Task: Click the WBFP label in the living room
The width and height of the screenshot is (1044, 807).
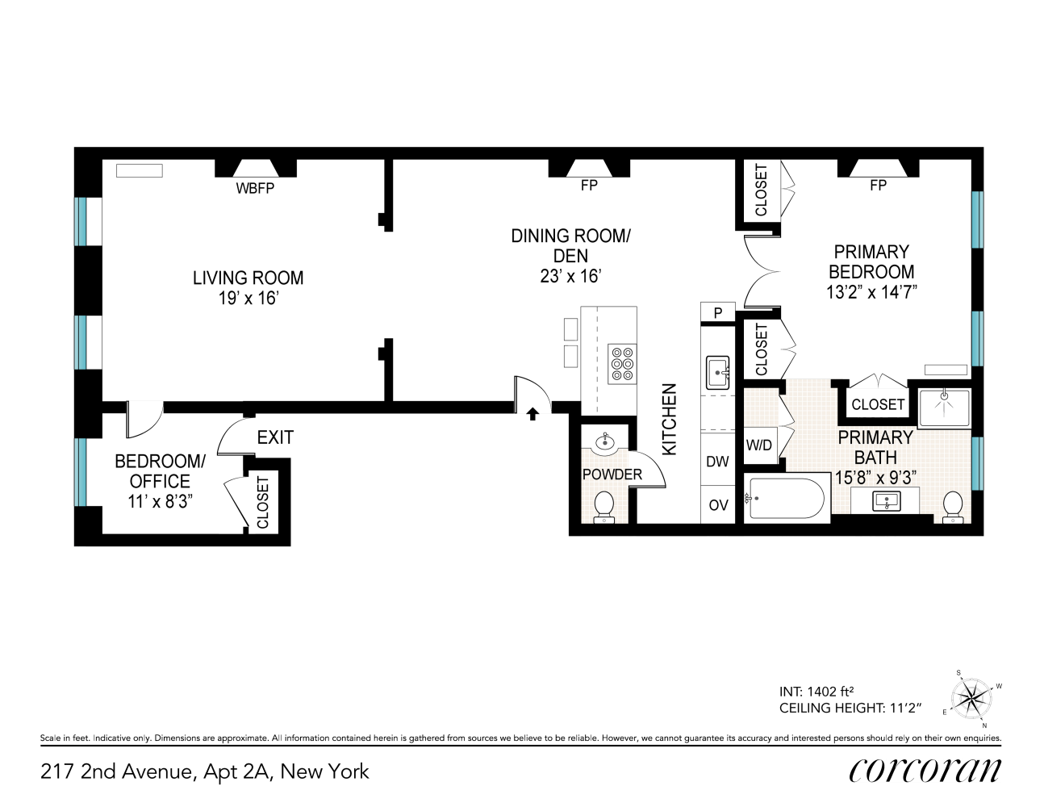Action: (255, 189)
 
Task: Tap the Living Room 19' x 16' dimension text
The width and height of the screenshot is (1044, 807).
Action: (248, 298)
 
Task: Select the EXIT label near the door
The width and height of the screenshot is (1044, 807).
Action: (275, 437)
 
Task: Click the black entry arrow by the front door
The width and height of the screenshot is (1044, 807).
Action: (532, 414)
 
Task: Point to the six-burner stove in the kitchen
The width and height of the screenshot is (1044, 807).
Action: (622, 363)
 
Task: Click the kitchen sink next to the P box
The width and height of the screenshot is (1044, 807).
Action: (717, 372)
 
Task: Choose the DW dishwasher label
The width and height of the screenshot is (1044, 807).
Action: (717, 462)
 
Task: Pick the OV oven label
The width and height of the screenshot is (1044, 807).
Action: (717, 505)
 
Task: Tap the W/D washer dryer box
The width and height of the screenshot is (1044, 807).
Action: (759, 445)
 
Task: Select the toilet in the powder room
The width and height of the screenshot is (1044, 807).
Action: (603, 507)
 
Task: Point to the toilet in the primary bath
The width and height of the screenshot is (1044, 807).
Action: (953, 506)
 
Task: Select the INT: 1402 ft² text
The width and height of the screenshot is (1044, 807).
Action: (816, 692)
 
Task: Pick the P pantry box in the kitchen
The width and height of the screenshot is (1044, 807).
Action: (717, 312)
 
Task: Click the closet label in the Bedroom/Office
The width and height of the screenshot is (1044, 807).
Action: (263, 503)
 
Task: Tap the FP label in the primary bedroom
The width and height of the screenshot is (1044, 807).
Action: (878, 186)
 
